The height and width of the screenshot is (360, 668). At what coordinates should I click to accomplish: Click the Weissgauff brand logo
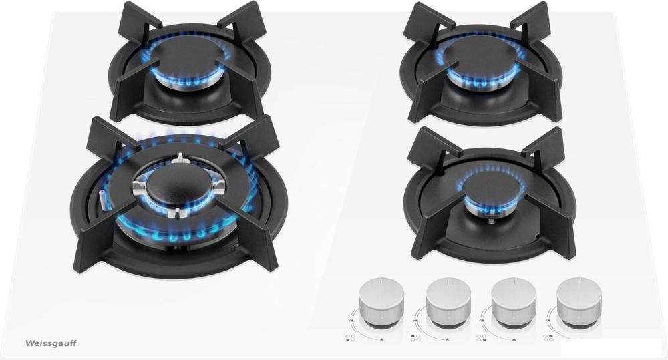(x=51, y=343)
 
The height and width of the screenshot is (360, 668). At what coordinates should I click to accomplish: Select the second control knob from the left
(x=448, y=301)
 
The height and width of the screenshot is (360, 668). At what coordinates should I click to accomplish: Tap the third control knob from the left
(x=513, y=301)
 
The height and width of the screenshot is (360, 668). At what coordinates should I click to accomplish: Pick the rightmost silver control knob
(x=579, y=301)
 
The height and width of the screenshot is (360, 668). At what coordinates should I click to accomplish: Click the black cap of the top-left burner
(x=188, y=58)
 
